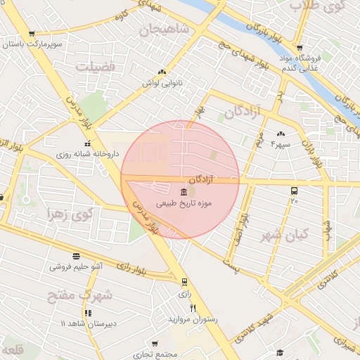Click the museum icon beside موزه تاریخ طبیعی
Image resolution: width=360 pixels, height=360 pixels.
[184, 192]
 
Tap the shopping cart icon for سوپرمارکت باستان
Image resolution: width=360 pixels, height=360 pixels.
[32, 34]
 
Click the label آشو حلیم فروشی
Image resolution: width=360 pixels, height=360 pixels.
[77, 267]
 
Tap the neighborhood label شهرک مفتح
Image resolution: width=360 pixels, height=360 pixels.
[79, 295]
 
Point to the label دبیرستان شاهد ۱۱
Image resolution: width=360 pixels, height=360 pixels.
[85, 323]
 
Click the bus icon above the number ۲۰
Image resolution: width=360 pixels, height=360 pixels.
[294, 191]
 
